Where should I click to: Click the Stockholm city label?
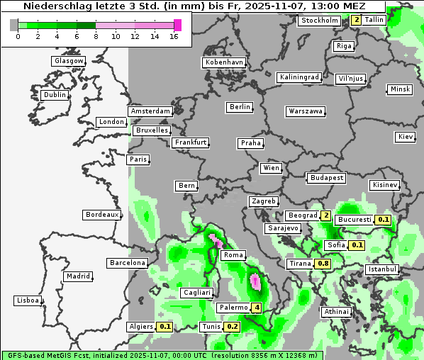(x=319, y=21)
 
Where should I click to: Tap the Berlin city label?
(x=240, y=107)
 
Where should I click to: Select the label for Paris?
(x=138, y=159)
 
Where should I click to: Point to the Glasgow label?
(x=69, y=61)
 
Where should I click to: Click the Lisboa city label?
(x=28, y=300)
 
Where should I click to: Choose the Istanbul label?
(x=382, y=269)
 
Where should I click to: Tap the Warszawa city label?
(x=306, y=111)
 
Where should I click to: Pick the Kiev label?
(x=406, y=136)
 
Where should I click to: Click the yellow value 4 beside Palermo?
(x=257, y=308)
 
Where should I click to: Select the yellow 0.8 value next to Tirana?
(x=323, y=264)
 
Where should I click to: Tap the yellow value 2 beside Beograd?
(x=326, y=215)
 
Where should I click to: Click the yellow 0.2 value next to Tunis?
(x=232, y=327)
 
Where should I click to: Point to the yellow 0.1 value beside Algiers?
(x=165, y=327)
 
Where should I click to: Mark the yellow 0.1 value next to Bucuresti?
(x=384, y=220)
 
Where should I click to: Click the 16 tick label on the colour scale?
(x=174, y=36)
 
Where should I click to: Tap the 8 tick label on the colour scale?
(x=96, y=36)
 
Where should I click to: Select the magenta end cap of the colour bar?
(x=177, y=25)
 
